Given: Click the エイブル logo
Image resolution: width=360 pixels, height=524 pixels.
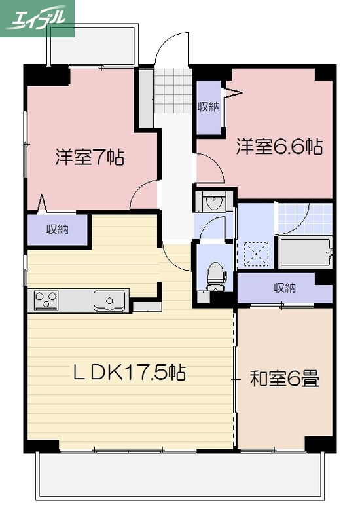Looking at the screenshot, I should (x=37, y=18).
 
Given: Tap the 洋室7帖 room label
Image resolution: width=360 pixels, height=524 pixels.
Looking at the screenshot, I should (x=90, y=157).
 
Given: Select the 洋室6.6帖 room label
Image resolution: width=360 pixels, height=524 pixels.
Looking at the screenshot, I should (x=279, y=147).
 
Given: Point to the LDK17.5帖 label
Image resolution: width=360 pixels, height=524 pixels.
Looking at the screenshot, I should (x=129, y=373).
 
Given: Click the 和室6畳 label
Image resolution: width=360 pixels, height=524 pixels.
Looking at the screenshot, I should (x=284, y=379).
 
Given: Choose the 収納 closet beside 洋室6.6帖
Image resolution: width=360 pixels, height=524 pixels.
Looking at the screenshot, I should (x=209, y=106).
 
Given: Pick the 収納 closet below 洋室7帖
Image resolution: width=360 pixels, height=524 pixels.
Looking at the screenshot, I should (x=57, y=230).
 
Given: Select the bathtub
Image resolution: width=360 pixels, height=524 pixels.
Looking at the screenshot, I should (x=305, y=252).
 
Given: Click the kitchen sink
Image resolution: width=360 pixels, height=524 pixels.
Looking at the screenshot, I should (x=109, y=300).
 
